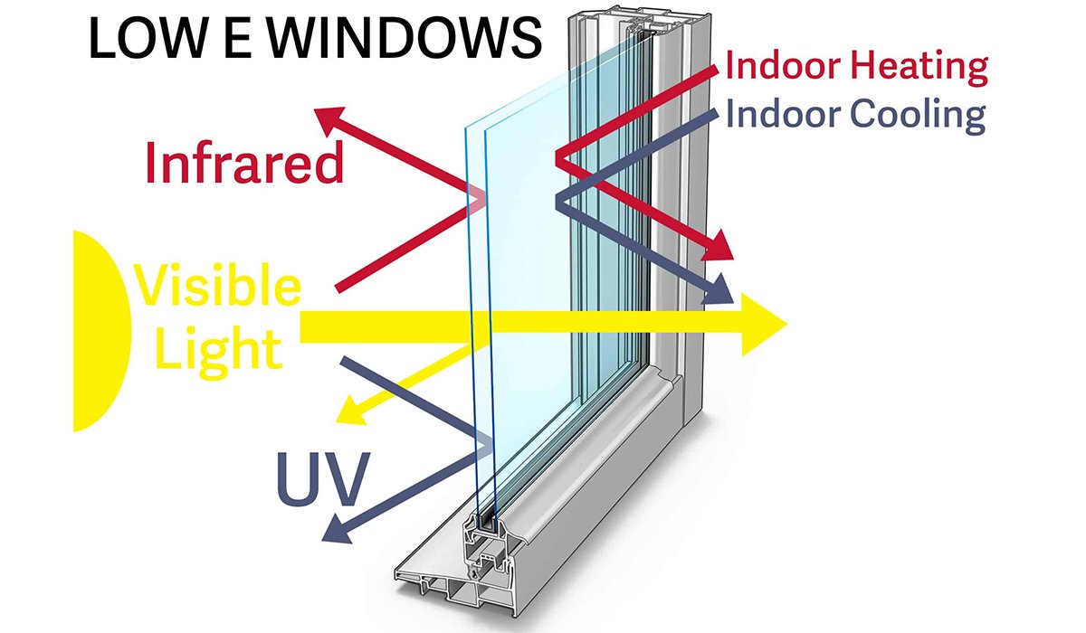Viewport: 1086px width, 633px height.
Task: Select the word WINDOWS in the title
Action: click(404, 38)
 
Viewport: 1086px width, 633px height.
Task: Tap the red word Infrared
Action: click(244, 162)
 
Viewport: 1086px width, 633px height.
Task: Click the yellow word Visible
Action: click(218, 285)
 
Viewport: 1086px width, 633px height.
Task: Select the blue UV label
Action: click(323, 478)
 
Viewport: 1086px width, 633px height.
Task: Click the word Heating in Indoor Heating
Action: click(919, 68)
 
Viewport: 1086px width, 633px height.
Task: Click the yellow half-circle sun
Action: click(100, 331)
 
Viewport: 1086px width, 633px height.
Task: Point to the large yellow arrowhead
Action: click(764, 325)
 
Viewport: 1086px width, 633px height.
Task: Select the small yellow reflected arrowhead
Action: click(351, 412)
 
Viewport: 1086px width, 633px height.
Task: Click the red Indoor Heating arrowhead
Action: click(717, 246)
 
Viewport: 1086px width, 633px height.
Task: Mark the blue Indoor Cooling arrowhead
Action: click(718, 289)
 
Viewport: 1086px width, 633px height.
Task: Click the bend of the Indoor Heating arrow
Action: click(559, 159)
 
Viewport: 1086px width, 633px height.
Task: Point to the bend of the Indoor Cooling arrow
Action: click(559, 202)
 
